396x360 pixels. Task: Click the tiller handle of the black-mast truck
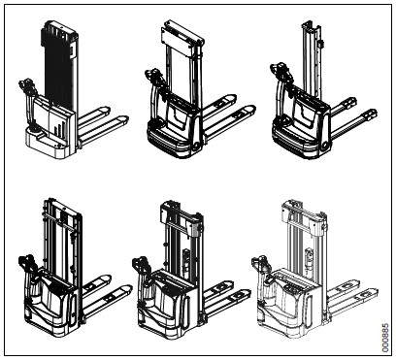(x=26, y=83)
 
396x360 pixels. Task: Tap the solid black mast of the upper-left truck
(x=57, y=66)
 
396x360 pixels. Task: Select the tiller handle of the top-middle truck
(x=152, y=75)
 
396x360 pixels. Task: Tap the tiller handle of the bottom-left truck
(x=26, y=261)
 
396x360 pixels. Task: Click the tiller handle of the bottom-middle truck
(x=142, y=263)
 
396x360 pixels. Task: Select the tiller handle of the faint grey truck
(x=260, y=262)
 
